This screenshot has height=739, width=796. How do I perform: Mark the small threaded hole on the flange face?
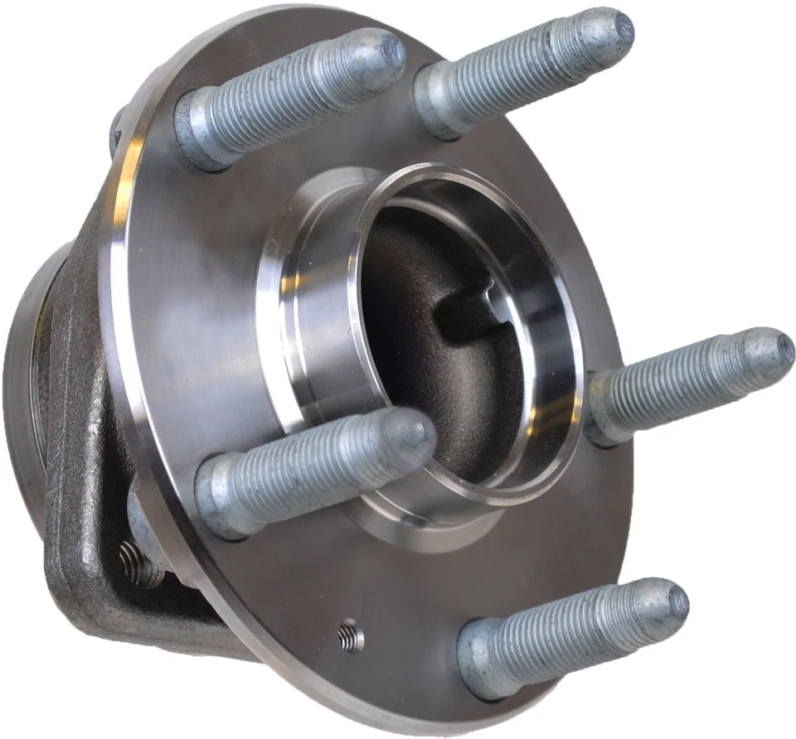pos(350,635)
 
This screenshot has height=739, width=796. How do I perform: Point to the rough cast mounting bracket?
pos(79,464)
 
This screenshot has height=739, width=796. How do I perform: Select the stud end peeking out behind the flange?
pos(116,133)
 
